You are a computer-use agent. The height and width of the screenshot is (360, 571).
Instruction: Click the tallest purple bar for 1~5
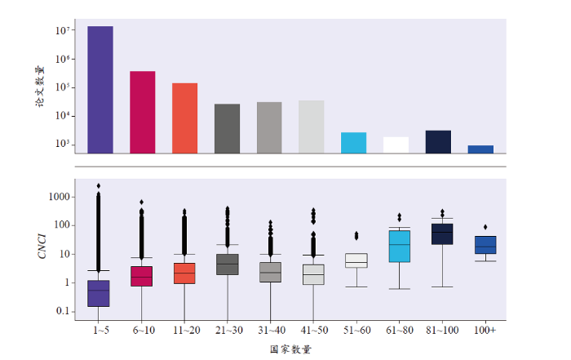point(100,90)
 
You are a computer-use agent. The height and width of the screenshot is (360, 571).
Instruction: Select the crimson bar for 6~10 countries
point(142,112)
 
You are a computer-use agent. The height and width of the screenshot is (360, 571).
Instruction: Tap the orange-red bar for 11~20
point(184,118)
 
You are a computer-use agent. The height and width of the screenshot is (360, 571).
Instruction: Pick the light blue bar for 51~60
point(353,142)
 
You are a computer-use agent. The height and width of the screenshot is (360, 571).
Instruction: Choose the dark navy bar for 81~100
point(438,141)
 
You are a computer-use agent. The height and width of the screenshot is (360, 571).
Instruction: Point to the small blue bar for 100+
point(480,149)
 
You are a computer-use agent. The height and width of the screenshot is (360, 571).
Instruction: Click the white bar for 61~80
point(396,144)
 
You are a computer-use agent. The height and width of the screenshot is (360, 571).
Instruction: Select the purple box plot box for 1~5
point(100,293)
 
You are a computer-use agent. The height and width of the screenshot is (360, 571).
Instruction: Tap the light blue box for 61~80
point(399,246)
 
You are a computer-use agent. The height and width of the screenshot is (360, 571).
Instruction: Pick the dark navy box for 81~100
point(442,233)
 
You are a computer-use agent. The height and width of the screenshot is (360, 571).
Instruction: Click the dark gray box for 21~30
point(227,264)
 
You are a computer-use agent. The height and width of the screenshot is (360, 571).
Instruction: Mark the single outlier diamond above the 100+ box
point(485,227)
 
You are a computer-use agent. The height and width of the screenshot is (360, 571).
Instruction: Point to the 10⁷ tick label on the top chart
point(67,31)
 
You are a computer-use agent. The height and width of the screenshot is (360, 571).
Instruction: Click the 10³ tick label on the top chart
point(67,145)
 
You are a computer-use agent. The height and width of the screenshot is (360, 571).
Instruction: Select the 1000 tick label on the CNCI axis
point(60,197)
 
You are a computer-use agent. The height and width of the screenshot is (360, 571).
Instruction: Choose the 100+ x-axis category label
point(485,330)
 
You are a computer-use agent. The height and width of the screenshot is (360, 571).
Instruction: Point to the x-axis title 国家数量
point(290,349)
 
